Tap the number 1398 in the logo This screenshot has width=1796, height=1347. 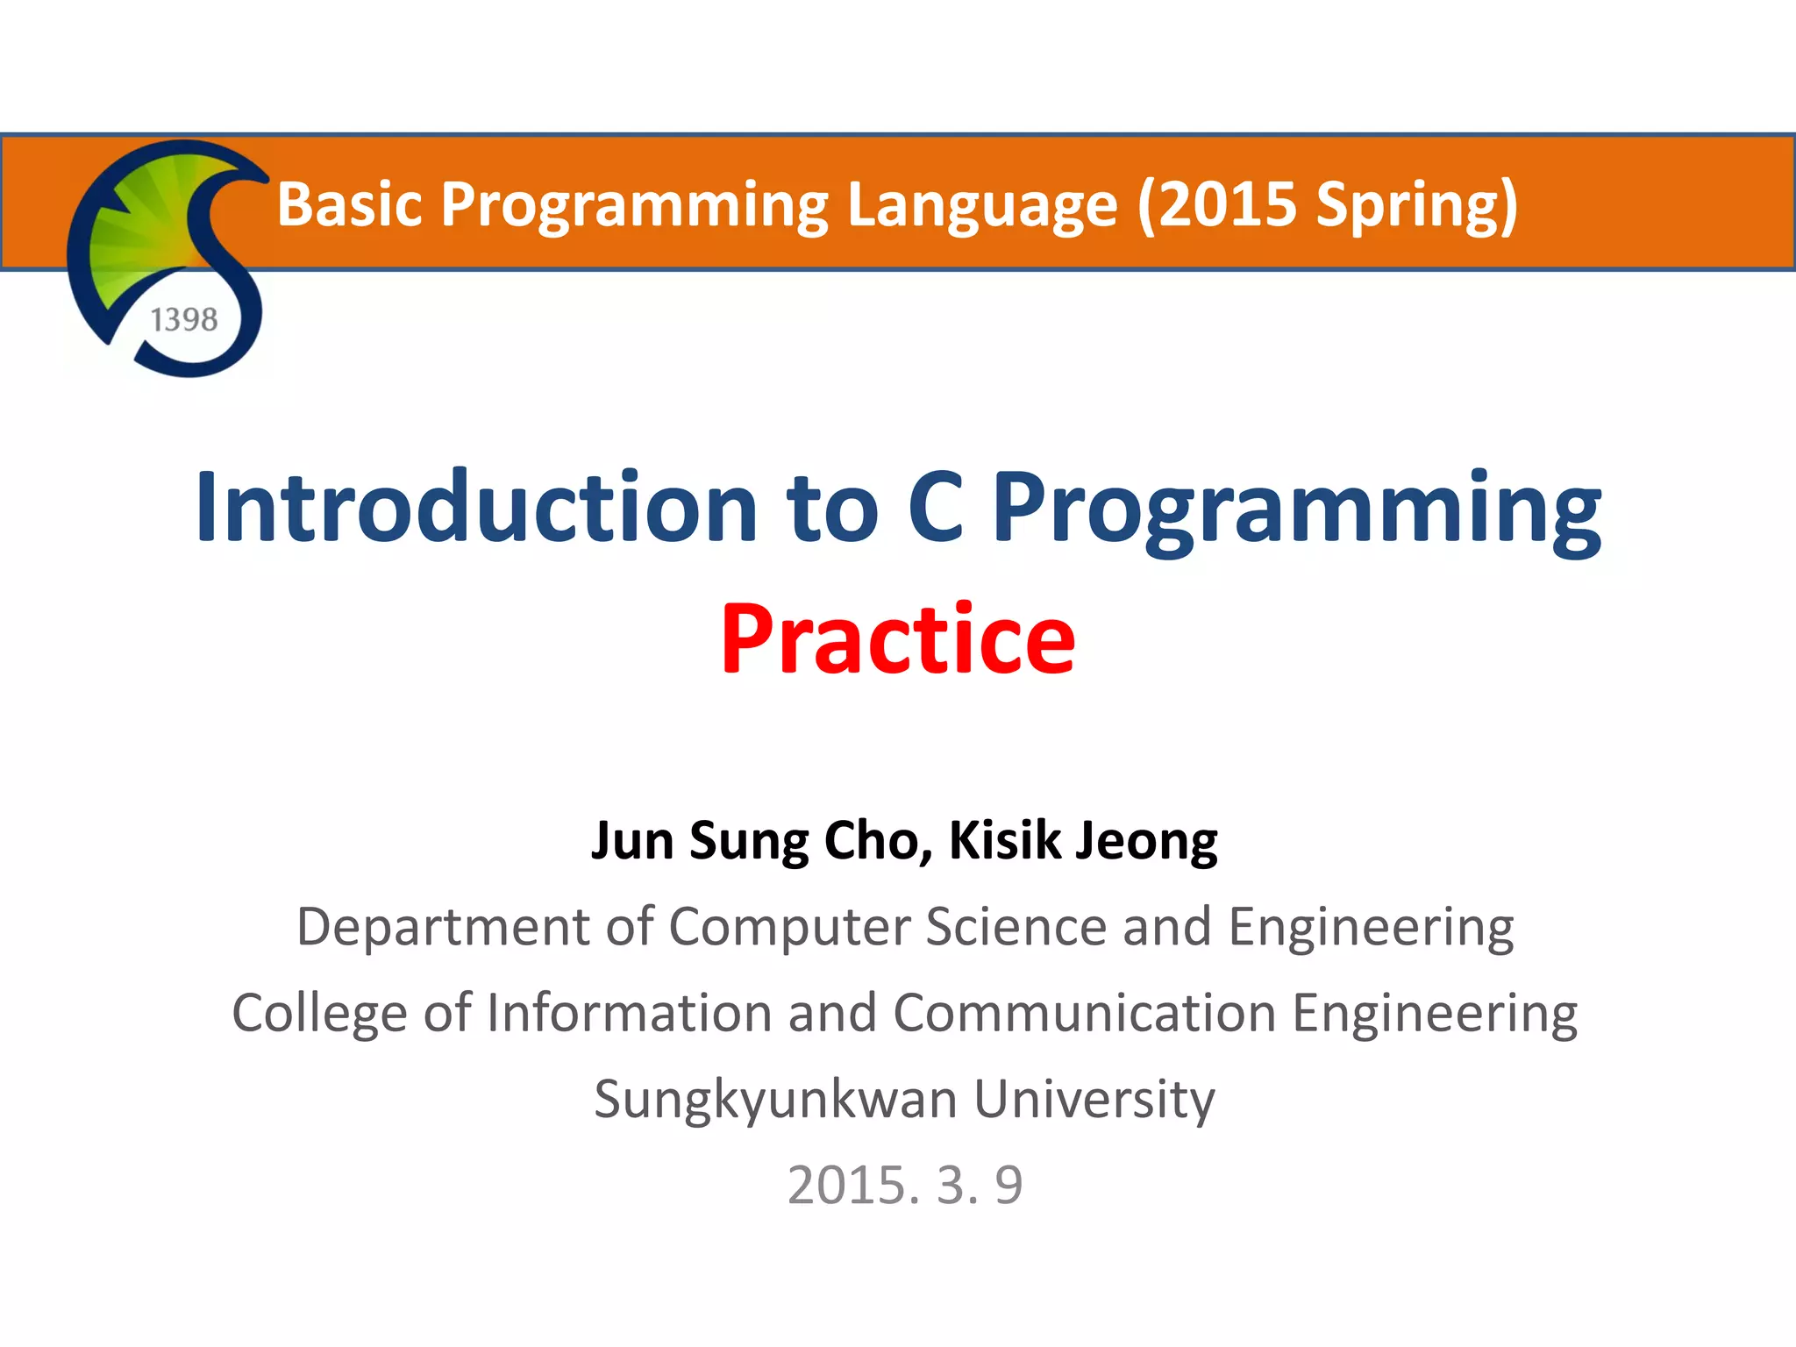(x=184, y=320)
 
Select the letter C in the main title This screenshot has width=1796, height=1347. (x=936, y=508)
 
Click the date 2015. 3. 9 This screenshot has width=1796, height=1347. (x=905, y=1185)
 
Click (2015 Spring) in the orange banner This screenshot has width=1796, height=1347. (x=1327, y=203)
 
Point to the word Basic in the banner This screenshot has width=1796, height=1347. (x=350, y=203)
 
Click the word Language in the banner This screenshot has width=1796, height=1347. (x=981, y=203)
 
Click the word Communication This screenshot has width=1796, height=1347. (x=1084, y=1013)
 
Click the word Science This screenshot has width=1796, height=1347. (x=1016, y=927)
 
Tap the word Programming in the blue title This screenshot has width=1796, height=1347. (x=1296, y=508)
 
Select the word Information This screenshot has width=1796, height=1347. (x=630, y=1013)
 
